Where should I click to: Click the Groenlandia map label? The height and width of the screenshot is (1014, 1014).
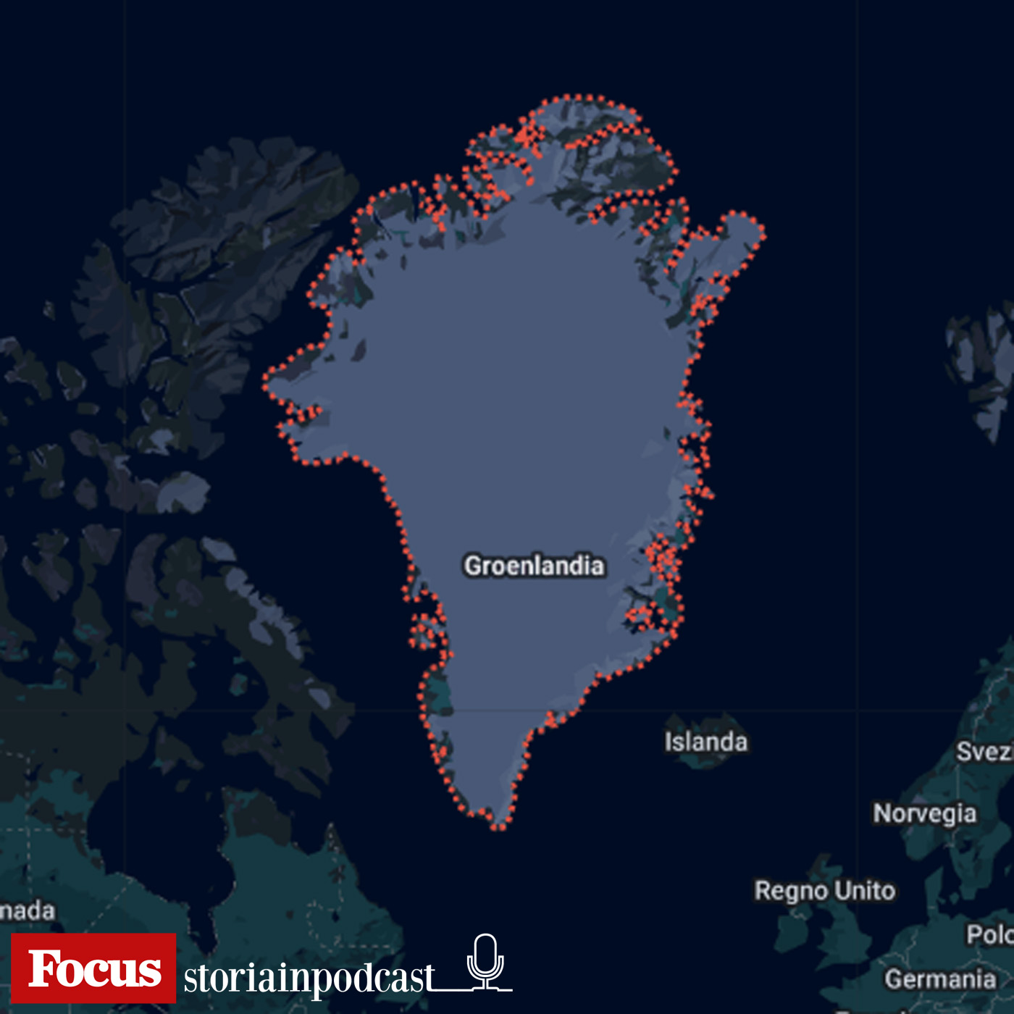point(534,566)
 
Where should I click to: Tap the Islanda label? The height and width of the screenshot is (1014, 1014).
point(705,742)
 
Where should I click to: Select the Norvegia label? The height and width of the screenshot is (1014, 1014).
point(924,813)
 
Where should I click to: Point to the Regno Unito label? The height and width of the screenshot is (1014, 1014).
point(824,891)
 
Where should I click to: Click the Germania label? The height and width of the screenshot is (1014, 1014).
point(939,979)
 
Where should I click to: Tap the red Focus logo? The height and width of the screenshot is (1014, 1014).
point(93,968)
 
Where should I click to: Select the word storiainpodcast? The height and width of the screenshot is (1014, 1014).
point(309,978)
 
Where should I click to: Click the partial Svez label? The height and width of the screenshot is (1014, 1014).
point(984,752)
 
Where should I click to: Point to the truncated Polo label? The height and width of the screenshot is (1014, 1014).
point(989,935)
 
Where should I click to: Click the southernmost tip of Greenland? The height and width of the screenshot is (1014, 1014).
point(499,826)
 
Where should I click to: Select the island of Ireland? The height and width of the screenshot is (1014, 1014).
point(793,934)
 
